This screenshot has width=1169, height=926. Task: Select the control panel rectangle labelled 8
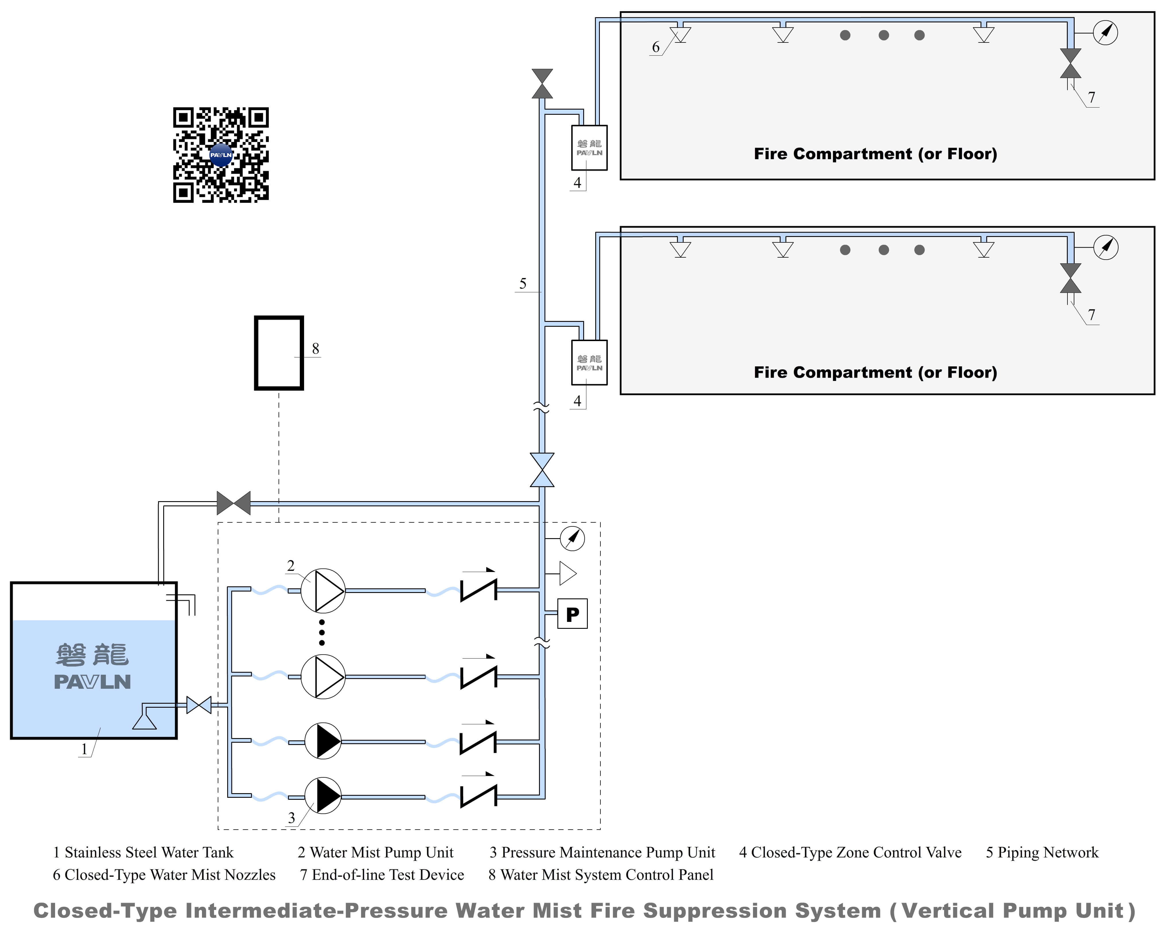[279, 353]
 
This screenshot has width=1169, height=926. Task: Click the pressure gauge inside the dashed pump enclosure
[572, 538]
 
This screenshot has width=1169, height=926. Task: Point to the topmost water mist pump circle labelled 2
[323, 590]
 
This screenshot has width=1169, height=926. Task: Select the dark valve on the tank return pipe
[234, 503]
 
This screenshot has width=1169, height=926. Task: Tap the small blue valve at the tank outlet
[199, 705]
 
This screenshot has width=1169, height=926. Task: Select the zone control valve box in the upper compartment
[590, 147]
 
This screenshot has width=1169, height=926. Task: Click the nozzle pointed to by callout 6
[680, 34]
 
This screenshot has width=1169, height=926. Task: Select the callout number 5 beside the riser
[523, 283]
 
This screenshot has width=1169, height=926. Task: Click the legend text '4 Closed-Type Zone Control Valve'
[850, 853]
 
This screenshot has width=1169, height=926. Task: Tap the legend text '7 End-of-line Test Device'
[382, 875]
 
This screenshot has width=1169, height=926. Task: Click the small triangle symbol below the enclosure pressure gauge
[567, 573]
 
